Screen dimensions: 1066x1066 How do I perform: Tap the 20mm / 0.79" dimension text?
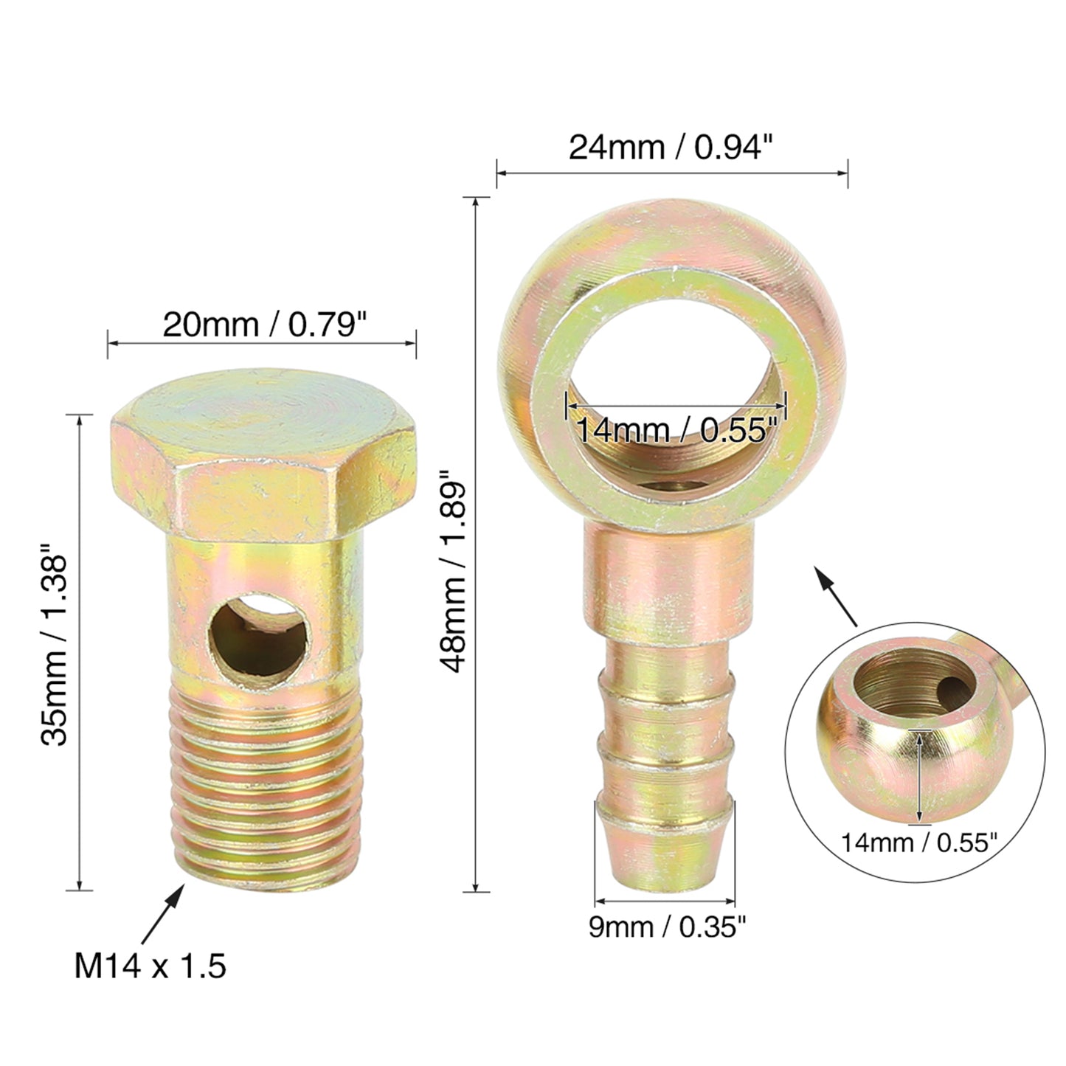point(265,325)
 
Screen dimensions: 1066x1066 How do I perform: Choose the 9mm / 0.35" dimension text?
point(667,927)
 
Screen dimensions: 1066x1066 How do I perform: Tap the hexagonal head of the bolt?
point(263,457)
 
